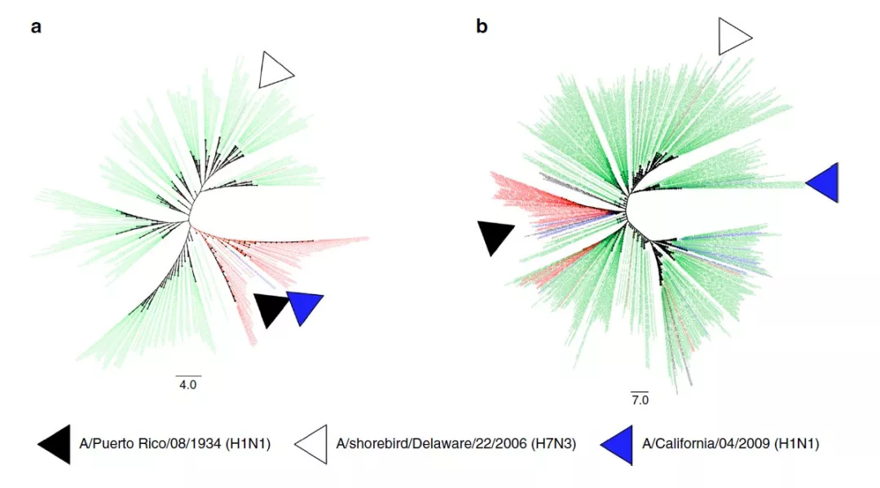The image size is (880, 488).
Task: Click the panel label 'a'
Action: pos(36,27)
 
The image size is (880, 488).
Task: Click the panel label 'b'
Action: pos(482,26)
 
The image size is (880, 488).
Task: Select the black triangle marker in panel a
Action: pos(271,308)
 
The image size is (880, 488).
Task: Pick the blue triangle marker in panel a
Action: pos(304,306)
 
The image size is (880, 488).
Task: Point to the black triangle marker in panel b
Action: pos(495,235)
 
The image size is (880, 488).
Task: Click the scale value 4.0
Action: pos(188,385)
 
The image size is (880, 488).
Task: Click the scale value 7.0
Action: pos(640,400)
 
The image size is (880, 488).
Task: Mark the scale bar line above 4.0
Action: pos(188,376)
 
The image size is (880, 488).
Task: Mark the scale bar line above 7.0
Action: pos(640,392)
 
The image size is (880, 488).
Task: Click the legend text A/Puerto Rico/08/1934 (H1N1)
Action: pos(175,444)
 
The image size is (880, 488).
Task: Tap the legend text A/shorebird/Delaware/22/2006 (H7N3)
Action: pos(456,444)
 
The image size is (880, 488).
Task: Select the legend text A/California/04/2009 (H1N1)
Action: pos(731,444)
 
